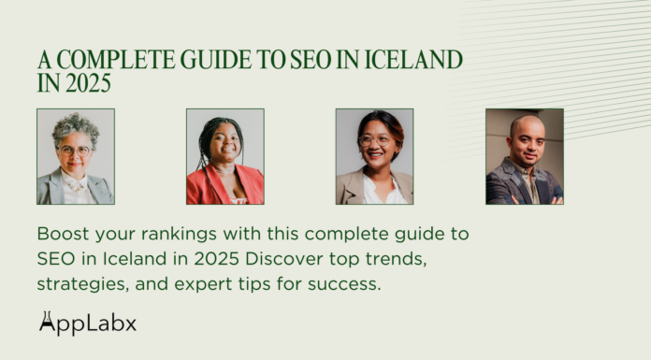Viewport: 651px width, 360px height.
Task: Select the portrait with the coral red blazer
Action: [x=224, y=156]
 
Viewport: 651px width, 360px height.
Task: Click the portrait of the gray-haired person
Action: [x=75, y=156]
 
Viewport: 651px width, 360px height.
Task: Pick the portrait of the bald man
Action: [x=524, y=156]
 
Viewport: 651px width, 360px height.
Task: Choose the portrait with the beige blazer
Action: [x=374, y=156]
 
